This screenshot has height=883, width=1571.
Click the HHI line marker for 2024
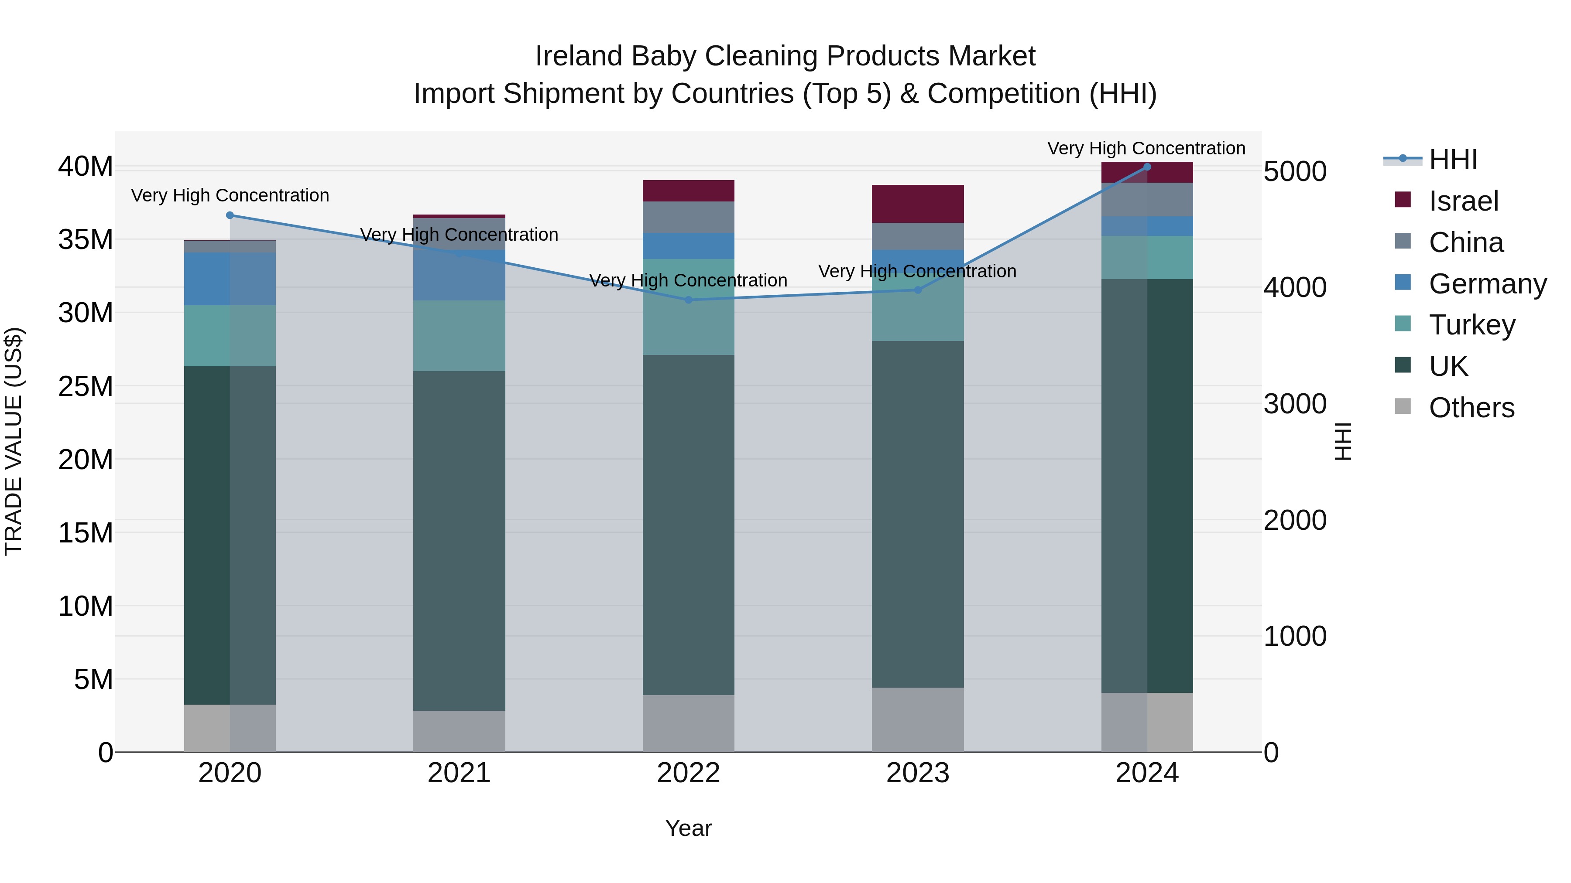[x=1146, y=167]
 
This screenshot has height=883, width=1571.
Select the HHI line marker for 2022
[x=689, y=300]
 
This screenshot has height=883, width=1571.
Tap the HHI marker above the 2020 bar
[x=230, y=215]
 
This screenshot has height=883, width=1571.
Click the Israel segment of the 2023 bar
[x=917, y=204]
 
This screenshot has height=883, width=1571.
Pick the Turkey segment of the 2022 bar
[x=689, y=307]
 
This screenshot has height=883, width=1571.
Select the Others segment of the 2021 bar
[x=459, y=731]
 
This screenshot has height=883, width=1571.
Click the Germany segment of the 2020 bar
[x=230, y=279]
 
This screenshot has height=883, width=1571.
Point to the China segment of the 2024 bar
[x=1146, y=199]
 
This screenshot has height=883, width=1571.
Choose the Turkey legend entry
[x=1471, y=325]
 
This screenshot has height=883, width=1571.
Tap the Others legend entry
[x=1471, y=408]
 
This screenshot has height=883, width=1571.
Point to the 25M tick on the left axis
[x=86, y=386]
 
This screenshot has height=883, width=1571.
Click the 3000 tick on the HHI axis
[x=1295, y=404]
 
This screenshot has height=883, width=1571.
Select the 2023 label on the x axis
[x=917, y=773]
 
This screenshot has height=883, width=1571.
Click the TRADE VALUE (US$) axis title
[x=14, y=441]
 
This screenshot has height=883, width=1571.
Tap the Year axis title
[x=689, y=828]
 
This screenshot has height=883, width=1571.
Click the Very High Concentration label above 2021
[x=459, y=235]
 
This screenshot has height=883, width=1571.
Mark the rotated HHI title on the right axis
[x=1343, y=441]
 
